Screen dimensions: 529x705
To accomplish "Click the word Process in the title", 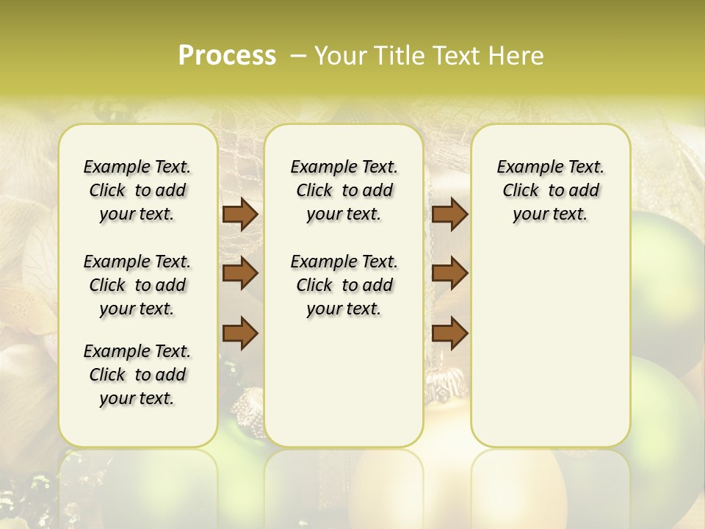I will pyautogui.click(x=227, y=56).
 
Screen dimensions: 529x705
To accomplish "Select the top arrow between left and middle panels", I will pyautogui.click(x=239, y=214).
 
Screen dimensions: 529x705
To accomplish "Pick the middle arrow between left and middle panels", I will pyautogui.click(x=239, y=273).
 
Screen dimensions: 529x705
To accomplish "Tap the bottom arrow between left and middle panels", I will pyautogui.click(x=239, y=333).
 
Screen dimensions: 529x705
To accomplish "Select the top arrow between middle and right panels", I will pyautogui.click(x=449, y=214).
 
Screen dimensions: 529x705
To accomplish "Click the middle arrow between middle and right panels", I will pyautogui.click(x=449, y=273).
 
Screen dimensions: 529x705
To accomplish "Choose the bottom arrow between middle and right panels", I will pyautogui.click(x=449, y=333).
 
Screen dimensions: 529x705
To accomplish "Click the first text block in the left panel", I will pyautogui.click(x=137, y=190).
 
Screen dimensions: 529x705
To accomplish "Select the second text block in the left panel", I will pyautogui.click(x=137, y=285).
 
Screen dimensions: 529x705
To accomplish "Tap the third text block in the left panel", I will pyautogui.click(x=137, y=375).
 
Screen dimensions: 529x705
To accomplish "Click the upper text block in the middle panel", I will pyautogui.click(x=344, y=190).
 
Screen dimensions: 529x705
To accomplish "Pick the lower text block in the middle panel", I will pyautogui.click(x=344, y=285).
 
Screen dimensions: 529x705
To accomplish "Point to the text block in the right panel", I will pyautogui.click(x=550, y=190).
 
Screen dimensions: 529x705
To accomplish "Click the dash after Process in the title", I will pyautogui.click(x=298, y=56).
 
